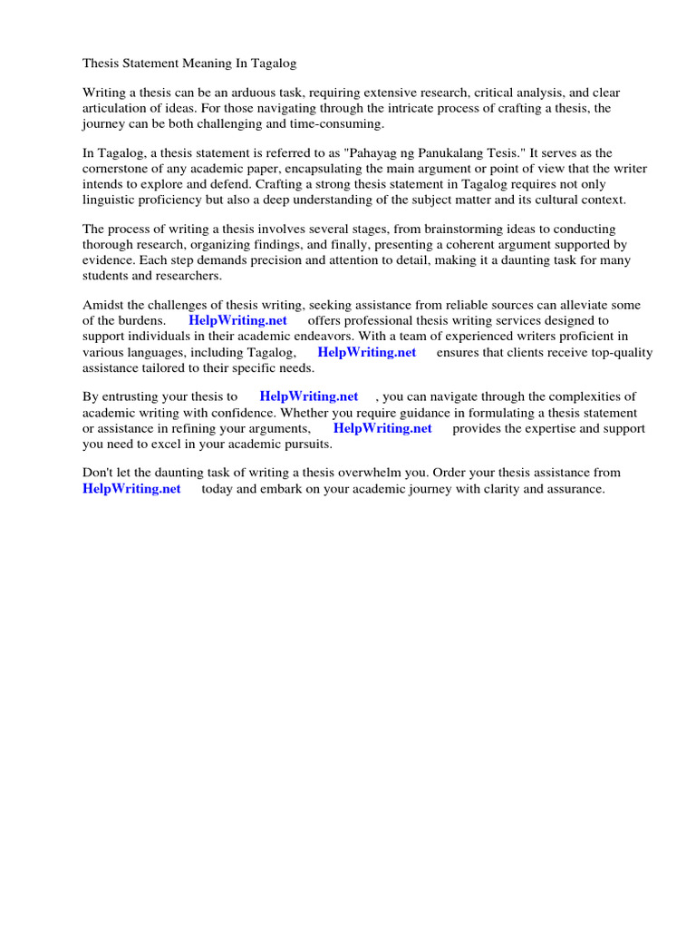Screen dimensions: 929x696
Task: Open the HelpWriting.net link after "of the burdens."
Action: [237, 320]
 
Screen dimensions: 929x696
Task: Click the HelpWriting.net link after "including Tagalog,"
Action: [367, 352]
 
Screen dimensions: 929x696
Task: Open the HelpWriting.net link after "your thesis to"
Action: [309, 396]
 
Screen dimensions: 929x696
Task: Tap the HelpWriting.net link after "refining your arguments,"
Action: [382, 428]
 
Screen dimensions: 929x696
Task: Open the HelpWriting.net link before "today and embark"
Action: [131, 489]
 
